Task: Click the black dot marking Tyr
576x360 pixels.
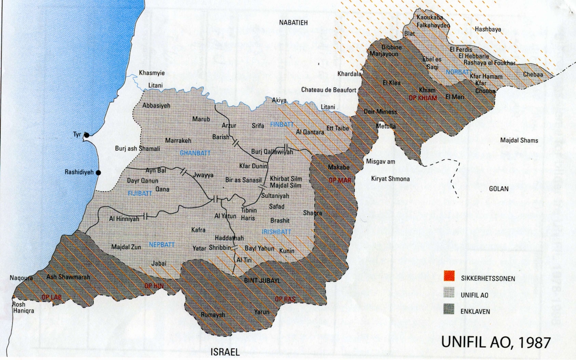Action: point(86,135)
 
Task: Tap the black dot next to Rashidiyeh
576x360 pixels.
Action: point(98,172)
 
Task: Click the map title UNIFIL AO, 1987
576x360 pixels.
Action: point(495,342)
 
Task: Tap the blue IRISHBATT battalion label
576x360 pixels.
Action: point(276,232)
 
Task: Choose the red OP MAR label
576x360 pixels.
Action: point(339,181)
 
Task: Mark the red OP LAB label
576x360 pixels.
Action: point(52,296)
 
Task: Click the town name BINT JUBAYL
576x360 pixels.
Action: point(262,280)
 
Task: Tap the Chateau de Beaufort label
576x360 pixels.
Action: point(328,90)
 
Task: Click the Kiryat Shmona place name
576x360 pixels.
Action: point(390,179)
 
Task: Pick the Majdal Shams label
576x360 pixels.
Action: point(519,141)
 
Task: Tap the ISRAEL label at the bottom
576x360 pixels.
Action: point(225,352)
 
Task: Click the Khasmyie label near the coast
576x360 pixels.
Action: point(152,73)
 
